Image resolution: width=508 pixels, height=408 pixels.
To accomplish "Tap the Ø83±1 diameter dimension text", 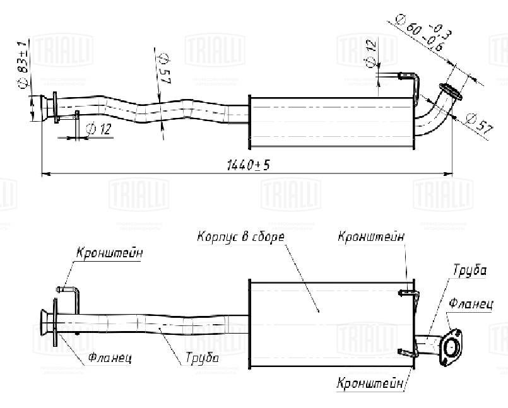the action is click(x=23, y=66).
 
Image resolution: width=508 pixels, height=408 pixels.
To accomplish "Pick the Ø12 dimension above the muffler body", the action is click(x=371, y=54).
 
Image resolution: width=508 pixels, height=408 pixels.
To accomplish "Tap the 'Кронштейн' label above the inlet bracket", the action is click(x=109, y=253).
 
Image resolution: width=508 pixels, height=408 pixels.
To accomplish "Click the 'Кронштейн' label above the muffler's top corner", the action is click(x=371, y=237).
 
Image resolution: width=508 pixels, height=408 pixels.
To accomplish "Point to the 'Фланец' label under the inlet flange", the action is click(x=110, y=358).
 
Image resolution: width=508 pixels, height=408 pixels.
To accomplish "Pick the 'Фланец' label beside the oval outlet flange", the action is click(x=471, y=303).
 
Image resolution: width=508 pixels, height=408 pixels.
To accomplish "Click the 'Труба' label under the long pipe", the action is click(x=202, y=358).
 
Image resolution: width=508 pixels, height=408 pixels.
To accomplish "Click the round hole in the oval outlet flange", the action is click(x=452, y=347).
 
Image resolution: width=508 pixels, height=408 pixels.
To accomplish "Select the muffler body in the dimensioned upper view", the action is click(x=331, y=121).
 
